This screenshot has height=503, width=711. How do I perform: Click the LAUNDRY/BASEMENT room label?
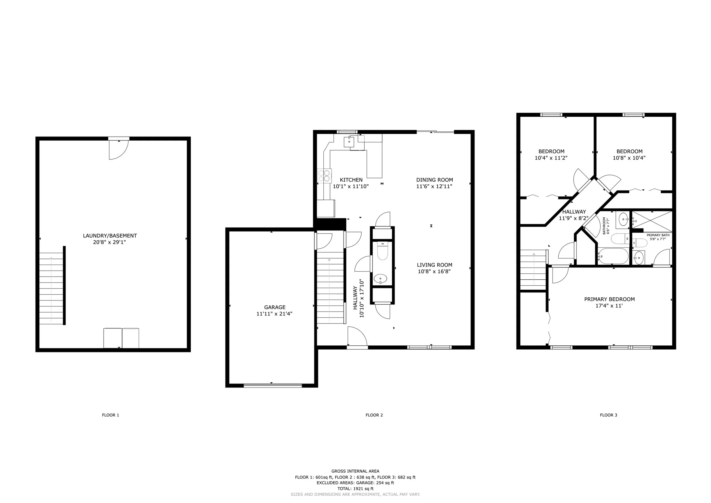pos(110,236)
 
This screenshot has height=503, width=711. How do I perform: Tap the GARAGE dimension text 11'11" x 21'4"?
pos(274,314)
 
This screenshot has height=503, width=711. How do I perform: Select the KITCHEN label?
pos(351,180)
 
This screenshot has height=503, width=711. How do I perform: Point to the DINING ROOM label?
pos(435,180)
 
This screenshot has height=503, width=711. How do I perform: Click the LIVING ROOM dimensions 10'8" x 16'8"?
pos(434,272)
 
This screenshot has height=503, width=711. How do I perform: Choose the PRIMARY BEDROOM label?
pos(609,299)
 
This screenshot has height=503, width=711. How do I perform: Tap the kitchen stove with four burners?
pos(325,176)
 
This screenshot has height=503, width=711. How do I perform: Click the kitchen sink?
pos(349,142)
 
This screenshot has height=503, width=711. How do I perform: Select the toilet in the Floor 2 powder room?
pos(383,251)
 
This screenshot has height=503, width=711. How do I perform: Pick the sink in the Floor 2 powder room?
pos(380,279)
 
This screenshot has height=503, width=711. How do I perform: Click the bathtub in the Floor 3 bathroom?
pos(613,256)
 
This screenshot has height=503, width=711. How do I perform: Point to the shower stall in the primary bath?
pos(652,221)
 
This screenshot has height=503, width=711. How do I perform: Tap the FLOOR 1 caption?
pos(111,415)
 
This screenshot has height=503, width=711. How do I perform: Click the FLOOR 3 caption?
pos(609,415)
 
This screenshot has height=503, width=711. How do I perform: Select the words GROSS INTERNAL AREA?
pos(355,471)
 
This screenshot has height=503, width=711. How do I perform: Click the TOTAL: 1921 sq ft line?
pos(355,489)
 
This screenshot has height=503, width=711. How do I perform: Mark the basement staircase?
pos(51,289)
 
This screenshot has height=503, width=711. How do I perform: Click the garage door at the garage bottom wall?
pos(272,386)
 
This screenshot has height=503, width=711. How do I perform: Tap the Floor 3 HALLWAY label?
pos(574,212)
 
